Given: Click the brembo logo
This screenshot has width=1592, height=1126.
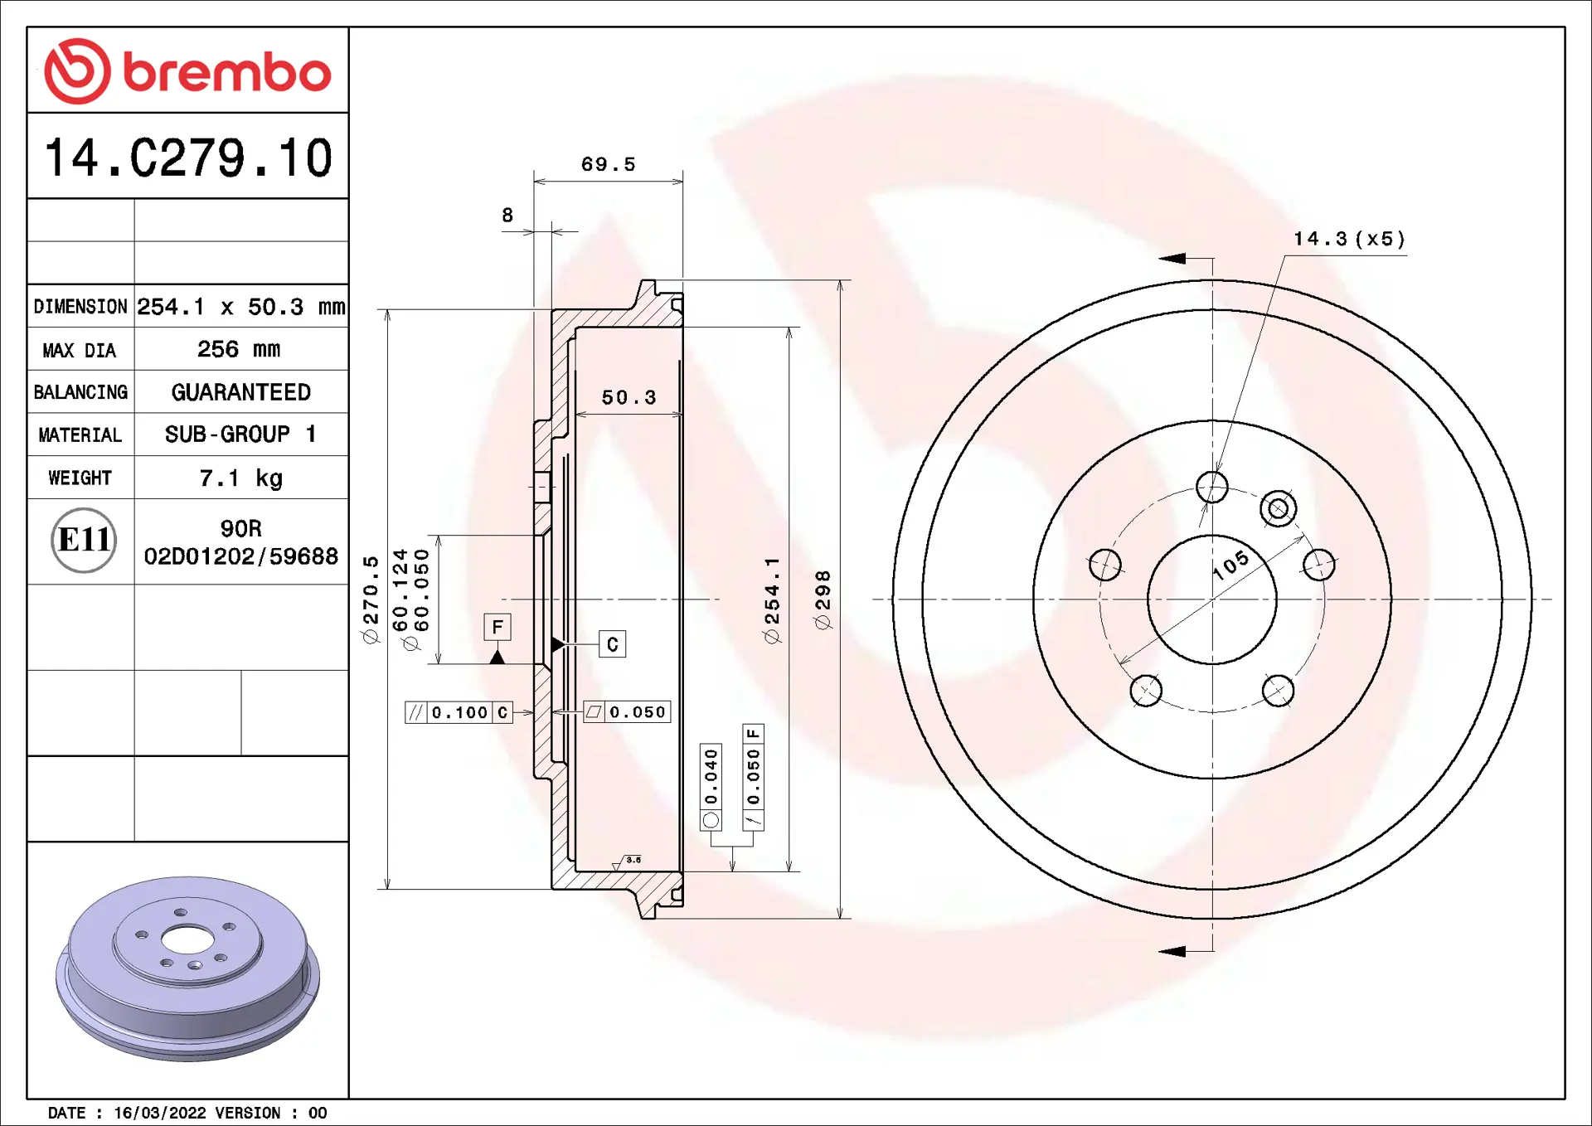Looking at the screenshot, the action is click(187, 71).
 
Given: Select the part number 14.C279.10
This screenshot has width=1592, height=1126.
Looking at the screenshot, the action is click(188, 158).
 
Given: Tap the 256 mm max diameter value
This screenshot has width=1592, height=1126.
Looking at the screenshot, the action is click(239, 349).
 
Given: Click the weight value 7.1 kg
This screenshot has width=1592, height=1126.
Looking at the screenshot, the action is click(240, 478).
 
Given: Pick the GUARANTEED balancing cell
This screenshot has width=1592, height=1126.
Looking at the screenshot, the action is click(241, 392).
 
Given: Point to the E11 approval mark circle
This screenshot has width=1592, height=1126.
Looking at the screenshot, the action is click(84, 541).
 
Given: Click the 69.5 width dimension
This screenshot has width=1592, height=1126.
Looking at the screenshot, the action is click(608, 164).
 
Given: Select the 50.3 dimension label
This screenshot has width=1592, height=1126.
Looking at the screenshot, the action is click(629, 398).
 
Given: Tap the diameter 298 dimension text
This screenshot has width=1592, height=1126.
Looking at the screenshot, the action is click(823, 599).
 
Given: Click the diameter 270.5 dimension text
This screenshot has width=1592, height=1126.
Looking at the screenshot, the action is click(370, 599).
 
